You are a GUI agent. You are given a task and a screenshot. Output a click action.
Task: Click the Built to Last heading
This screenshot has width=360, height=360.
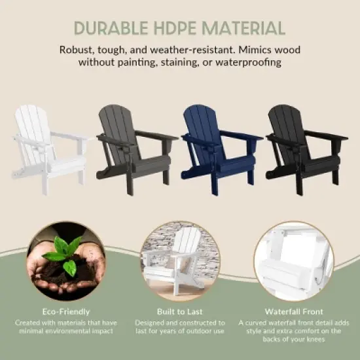(179, 312)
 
